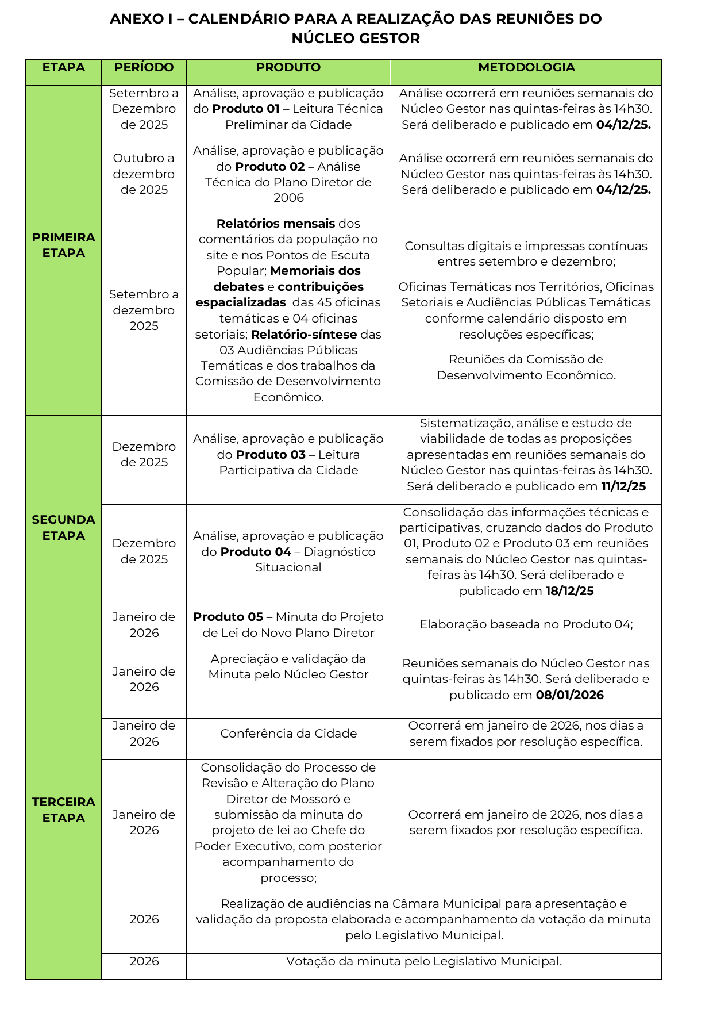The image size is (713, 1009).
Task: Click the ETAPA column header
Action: click(x=63, y=67)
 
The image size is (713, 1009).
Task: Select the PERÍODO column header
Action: click(x=144, y=67)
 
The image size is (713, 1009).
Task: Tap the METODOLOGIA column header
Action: click(x=526, y=67)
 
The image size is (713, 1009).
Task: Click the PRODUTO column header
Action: click(x=288, y=67)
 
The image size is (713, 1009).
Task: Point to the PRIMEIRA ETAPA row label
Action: click(x=63, y=245)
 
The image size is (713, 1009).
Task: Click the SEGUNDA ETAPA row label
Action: click(x=63, y=528)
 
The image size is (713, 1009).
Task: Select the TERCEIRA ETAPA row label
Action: click(x=63, y=809)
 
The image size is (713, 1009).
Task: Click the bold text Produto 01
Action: click(x=246, y=109)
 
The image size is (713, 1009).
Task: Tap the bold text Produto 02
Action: click(x=269, y=167)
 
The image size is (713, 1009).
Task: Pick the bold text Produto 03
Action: click(x=271, y=455)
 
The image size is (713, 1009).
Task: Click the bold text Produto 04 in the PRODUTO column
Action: click(x=256, y=552)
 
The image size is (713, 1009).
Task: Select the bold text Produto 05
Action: click(x=228, y=617)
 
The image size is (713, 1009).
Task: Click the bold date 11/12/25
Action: click(x=623, y=486)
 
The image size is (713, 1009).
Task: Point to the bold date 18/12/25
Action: click(x=569, y=591)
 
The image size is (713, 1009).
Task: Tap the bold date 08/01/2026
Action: click(x=569, y=695)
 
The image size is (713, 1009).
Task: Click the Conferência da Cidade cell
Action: click(x=288, y=734)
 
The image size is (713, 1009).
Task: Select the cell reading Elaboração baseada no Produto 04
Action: click(x=526, y=624)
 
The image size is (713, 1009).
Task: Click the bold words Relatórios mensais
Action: click(x=275, y=224)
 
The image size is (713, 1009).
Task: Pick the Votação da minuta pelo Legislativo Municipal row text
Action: click(x=423, y=961)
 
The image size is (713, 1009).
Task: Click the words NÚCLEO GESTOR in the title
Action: click(x=356, y=39)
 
